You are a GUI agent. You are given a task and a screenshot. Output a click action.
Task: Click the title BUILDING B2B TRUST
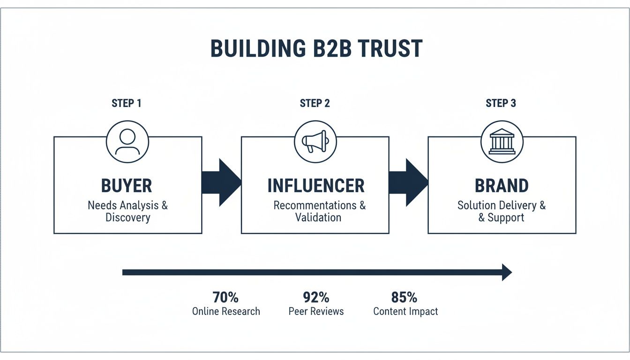(x=315, y=49)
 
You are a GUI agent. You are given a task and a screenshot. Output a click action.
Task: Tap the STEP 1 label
(x=127, y=103)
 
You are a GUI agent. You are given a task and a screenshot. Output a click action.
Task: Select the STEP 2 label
(x=315, y=103)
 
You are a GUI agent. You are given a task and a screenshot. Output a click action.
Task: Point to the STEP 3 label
(x=501, y=103)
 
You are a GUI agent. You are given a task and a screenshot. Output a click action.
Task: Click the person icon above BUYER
(x=127, y=142)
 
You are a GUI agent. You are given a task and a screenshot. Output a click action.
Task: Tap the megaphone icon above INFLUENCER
(x=315, y=142)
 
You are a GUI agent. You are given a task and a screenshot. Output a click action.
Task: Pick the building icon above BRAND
(x=502, y=142)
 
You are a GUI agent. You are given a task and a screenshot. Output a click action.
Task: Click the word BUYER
(x=127, y=186)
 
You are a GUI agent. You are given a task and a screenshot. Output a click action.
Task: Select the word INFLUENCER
(x=315, y=186)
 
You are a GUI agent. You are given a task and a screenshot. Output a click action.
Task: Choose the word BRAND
(x=502, y=186)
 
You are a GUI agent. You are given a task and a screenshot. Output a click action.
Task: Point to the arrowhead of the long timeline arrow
(x=506, y=272)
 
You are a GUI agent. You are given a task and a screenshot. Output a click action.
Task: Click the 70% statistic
(x=225, y=297)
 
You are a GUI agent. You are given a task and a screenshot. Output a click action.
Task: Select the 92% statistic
(x=316, y=297)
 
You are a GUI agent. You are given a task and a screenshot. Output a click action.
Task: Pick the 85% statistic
(x=404, y=297)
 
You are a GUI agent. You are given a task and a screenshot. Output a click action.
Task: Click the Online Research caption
(x=226, y=311)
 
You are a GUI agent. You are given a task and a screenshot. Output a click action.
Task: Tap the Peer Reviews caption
(x=316, y=311)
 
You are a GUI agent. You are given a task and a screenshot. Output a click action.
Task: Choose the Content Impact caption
(x=405, y=311)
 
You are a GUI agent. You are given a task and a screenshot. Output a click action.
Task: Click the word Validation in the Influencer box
(x=318, y=217)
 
